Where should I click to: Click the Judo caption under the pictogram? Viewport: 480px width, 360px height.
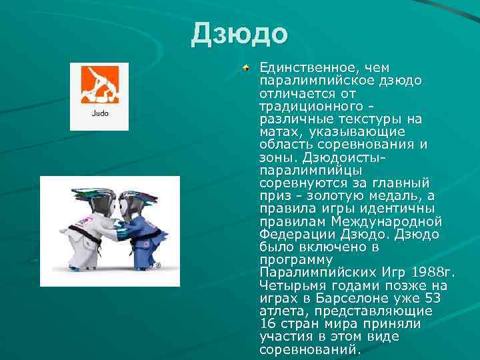99,113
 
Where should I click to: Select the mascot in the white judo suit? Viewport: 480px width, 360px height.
87,227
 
